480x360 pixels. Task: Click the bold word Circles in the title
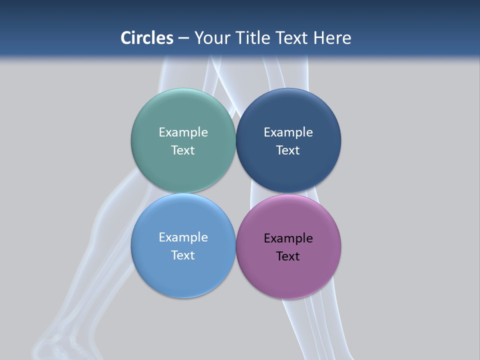pos(147,38)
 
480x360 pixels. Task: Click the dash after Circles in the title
pos(183,38)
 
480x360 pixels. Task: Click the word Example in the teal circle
pos(183,132)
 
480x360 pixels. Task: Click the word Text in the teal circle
pos(183,150)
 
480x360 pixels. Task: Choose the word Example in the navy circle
pos(288,132)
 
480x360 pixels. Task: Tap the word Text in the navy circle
pos(288,150)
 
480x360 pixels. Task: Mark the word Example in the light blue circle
pos(183,237)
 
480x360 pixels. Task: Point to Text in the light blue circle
pos(183,255)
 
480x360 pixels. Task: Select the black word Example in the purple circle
pos(288,238)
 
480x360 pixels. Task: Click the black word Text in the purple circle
pos(288,256)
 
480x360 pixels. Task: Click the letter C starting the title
pos(126,38)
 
